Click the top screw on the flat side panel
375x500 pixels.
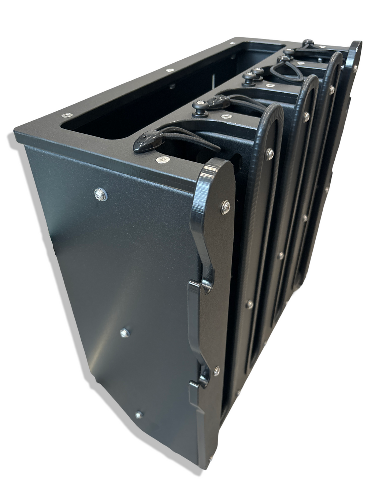point(100,195)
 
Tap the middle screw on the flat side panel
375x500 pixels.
point(125,333)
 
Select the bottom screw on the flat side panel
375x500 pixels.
point(138,415)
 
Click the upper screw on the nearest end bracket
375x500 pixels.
point(226,206)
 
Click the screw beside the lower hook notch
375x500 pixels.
point(216,371)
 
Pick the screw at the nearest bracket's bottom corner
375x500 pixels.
point(211,458)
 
